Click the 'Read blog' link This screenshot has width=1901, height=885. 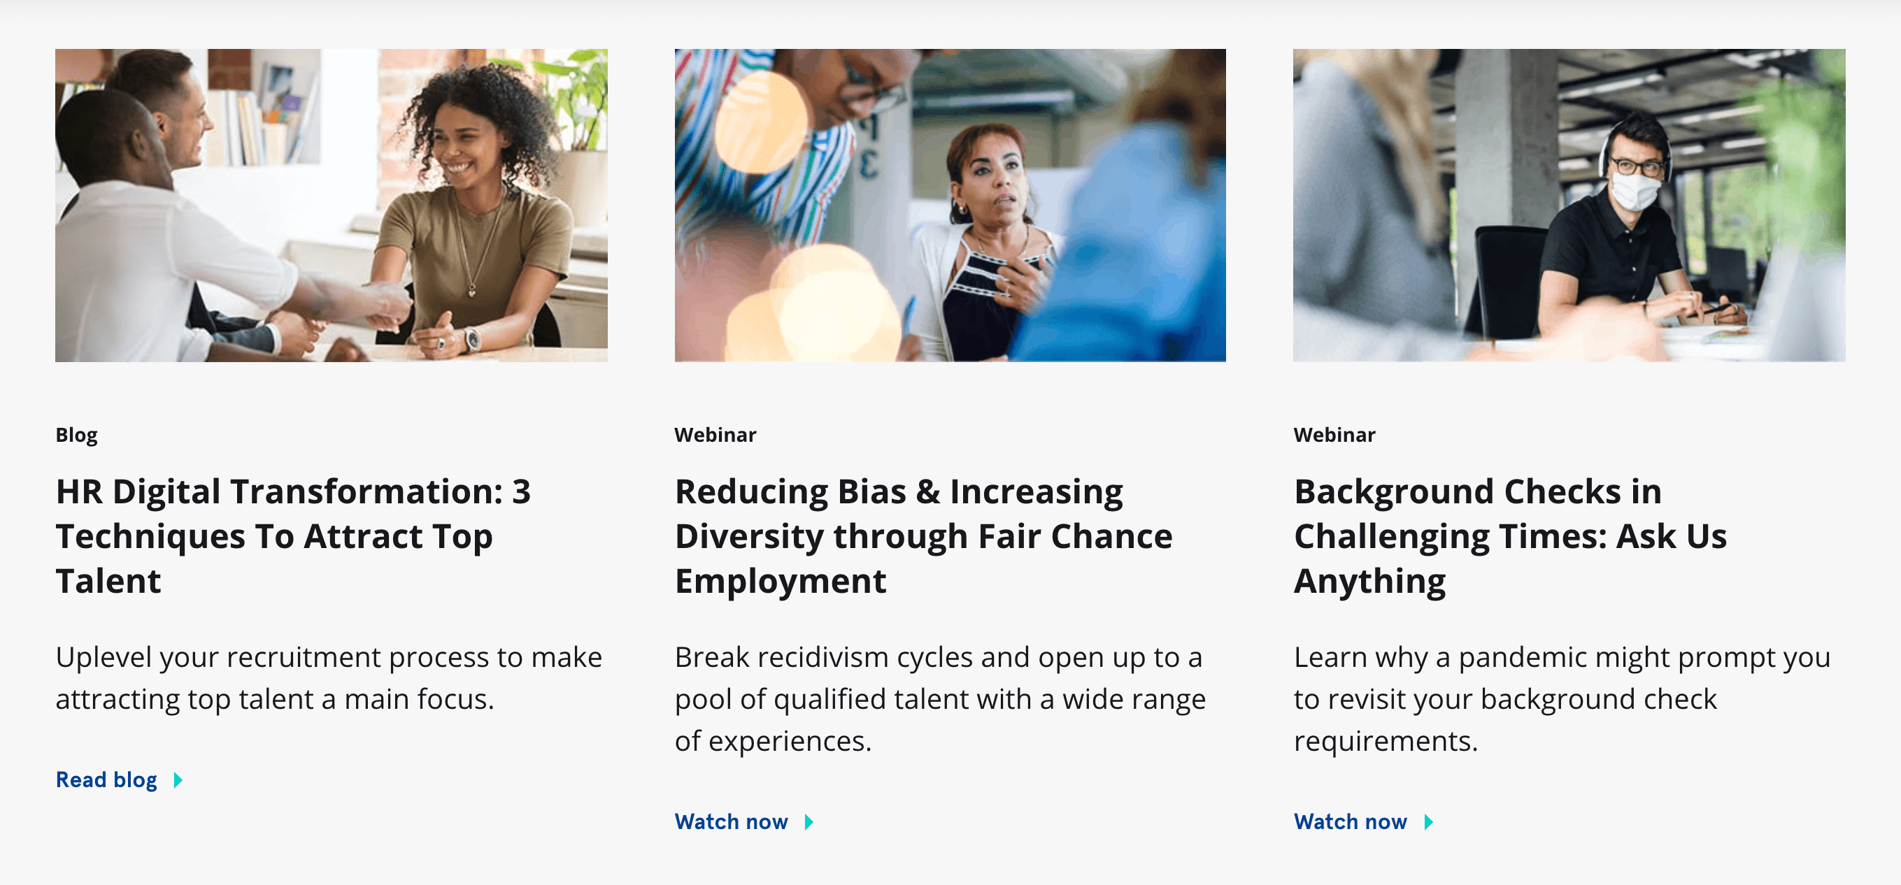(x=107, y=779)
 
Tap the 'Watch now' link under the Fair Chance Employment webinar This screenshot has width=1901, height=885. (x=732, y=821)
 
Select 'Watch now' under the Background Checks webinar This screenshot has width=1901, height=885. (x=1351, y=821)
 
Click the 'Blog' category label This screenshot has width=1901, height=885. (x=77, y=435)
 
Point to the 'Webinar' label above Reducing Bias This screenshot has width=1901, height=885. (x=715, y=435)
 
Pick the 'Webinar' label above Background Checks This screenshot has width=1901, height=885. (x=1334, y=435)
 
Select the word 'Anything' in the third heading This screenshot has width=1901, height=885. (x=1369, y=582)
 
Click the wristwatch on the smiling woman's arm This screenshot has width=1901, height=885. (x=471, y=338)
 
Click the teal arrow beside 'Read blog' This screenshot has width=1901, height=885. (x=178, y=780)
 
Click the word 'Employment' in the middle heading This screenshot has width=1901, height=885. (x=780, y=582)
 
